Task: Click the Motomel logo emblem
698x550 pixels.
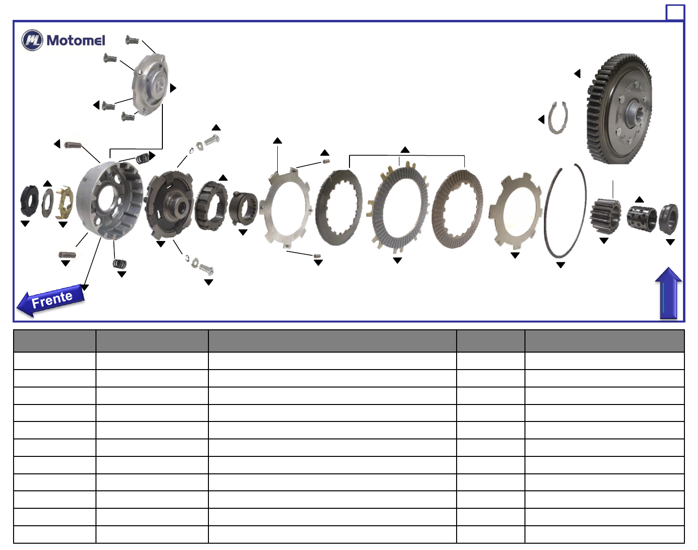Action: [x=32, y=40]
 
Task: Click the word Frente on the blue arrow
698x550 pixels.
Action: [x=52, y=299]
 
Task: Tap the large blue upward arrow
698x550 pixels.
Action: [x=668, y=293]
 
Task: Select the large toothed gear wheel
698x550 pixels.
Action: [x=619, y=109]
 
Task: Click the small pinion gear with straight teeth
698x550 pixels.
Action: [x=605, y=216]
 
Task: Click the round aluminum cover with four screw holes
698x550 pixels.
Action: [x=150, y=84]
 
